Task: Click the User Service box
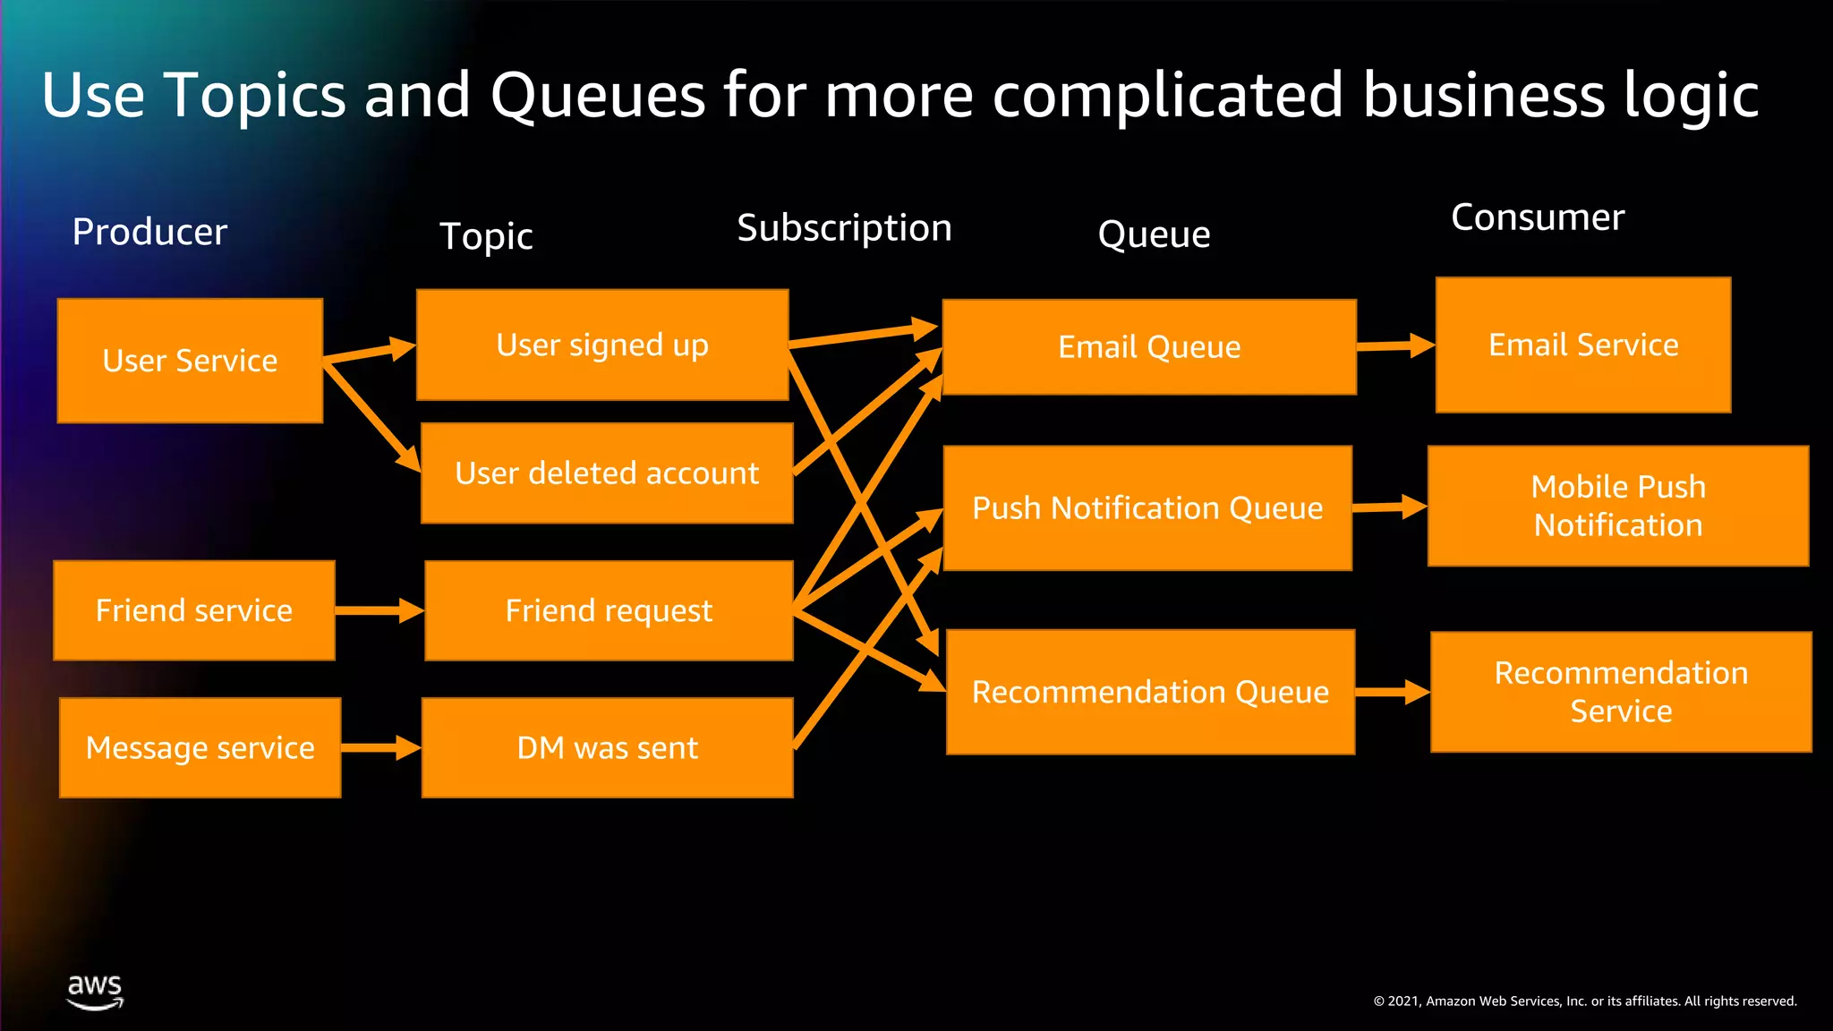pyautogui.click(x=190, y=360)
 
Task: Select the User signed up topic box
pyautogui.click(x=601, y=345)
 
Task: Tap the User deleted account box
pyautogui.click(x=606, y=473)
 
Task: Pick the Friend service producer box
pyautogui.click(x=194, y=610)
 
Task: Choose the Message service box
pyautogui.click(x=200, y=747)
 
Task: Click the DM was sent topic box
pyautogui.click(x=607, y=747)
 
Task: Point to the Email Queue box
pyautogui.click(x=1149, y=346)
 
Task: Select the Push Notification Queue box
pyautogui.click(x=1147, y=507)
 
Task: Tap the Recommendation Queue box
pyautogui.click(x=1150, y=692)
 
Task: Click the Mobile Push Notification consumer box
pyautogui.click(x=1618, y=506)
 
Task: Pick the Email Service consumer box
pyautogui.click(x=1582, y=345)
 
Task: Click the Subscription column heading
pyautogui.click(x=844, y=228)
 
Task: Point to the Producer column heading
pyautogui.click(x=149, y=232)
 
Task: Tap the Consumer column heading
pyautogui.click(x=1537, y=217)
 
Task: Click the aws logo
pyautogui.click(x=95, y=992)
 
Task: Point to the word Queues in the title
pyautogui.click(x=597, y=95)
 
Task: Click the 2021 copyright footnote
pyautogui.click(x=1584, y=1001)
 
